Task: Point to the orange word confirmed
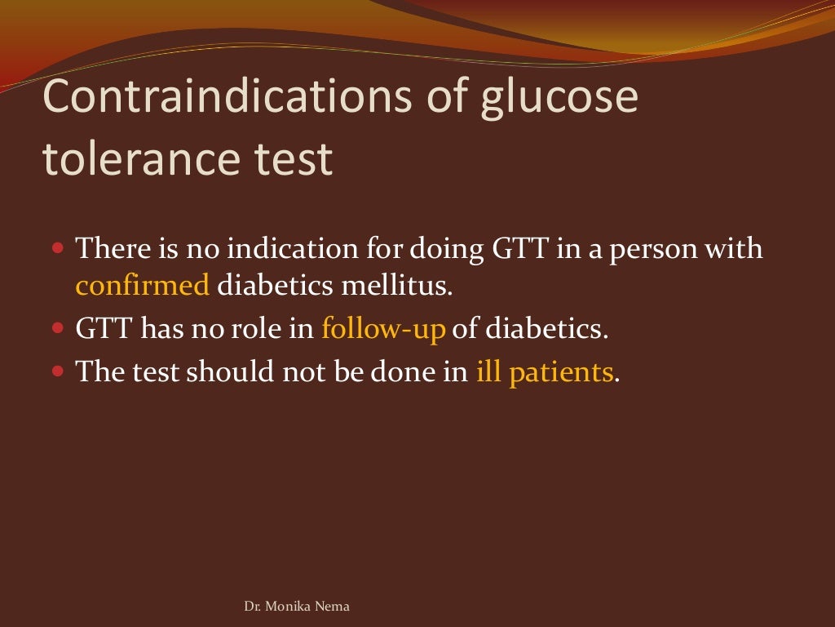(143, 286)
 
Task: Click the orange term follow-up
(383, 329)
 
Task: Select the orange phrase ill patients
(544, 371)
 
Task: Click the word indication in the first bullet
(272, 247)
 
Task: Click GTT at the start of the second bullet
(104, 329)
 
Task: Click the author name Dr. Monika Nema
(297, 607)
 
